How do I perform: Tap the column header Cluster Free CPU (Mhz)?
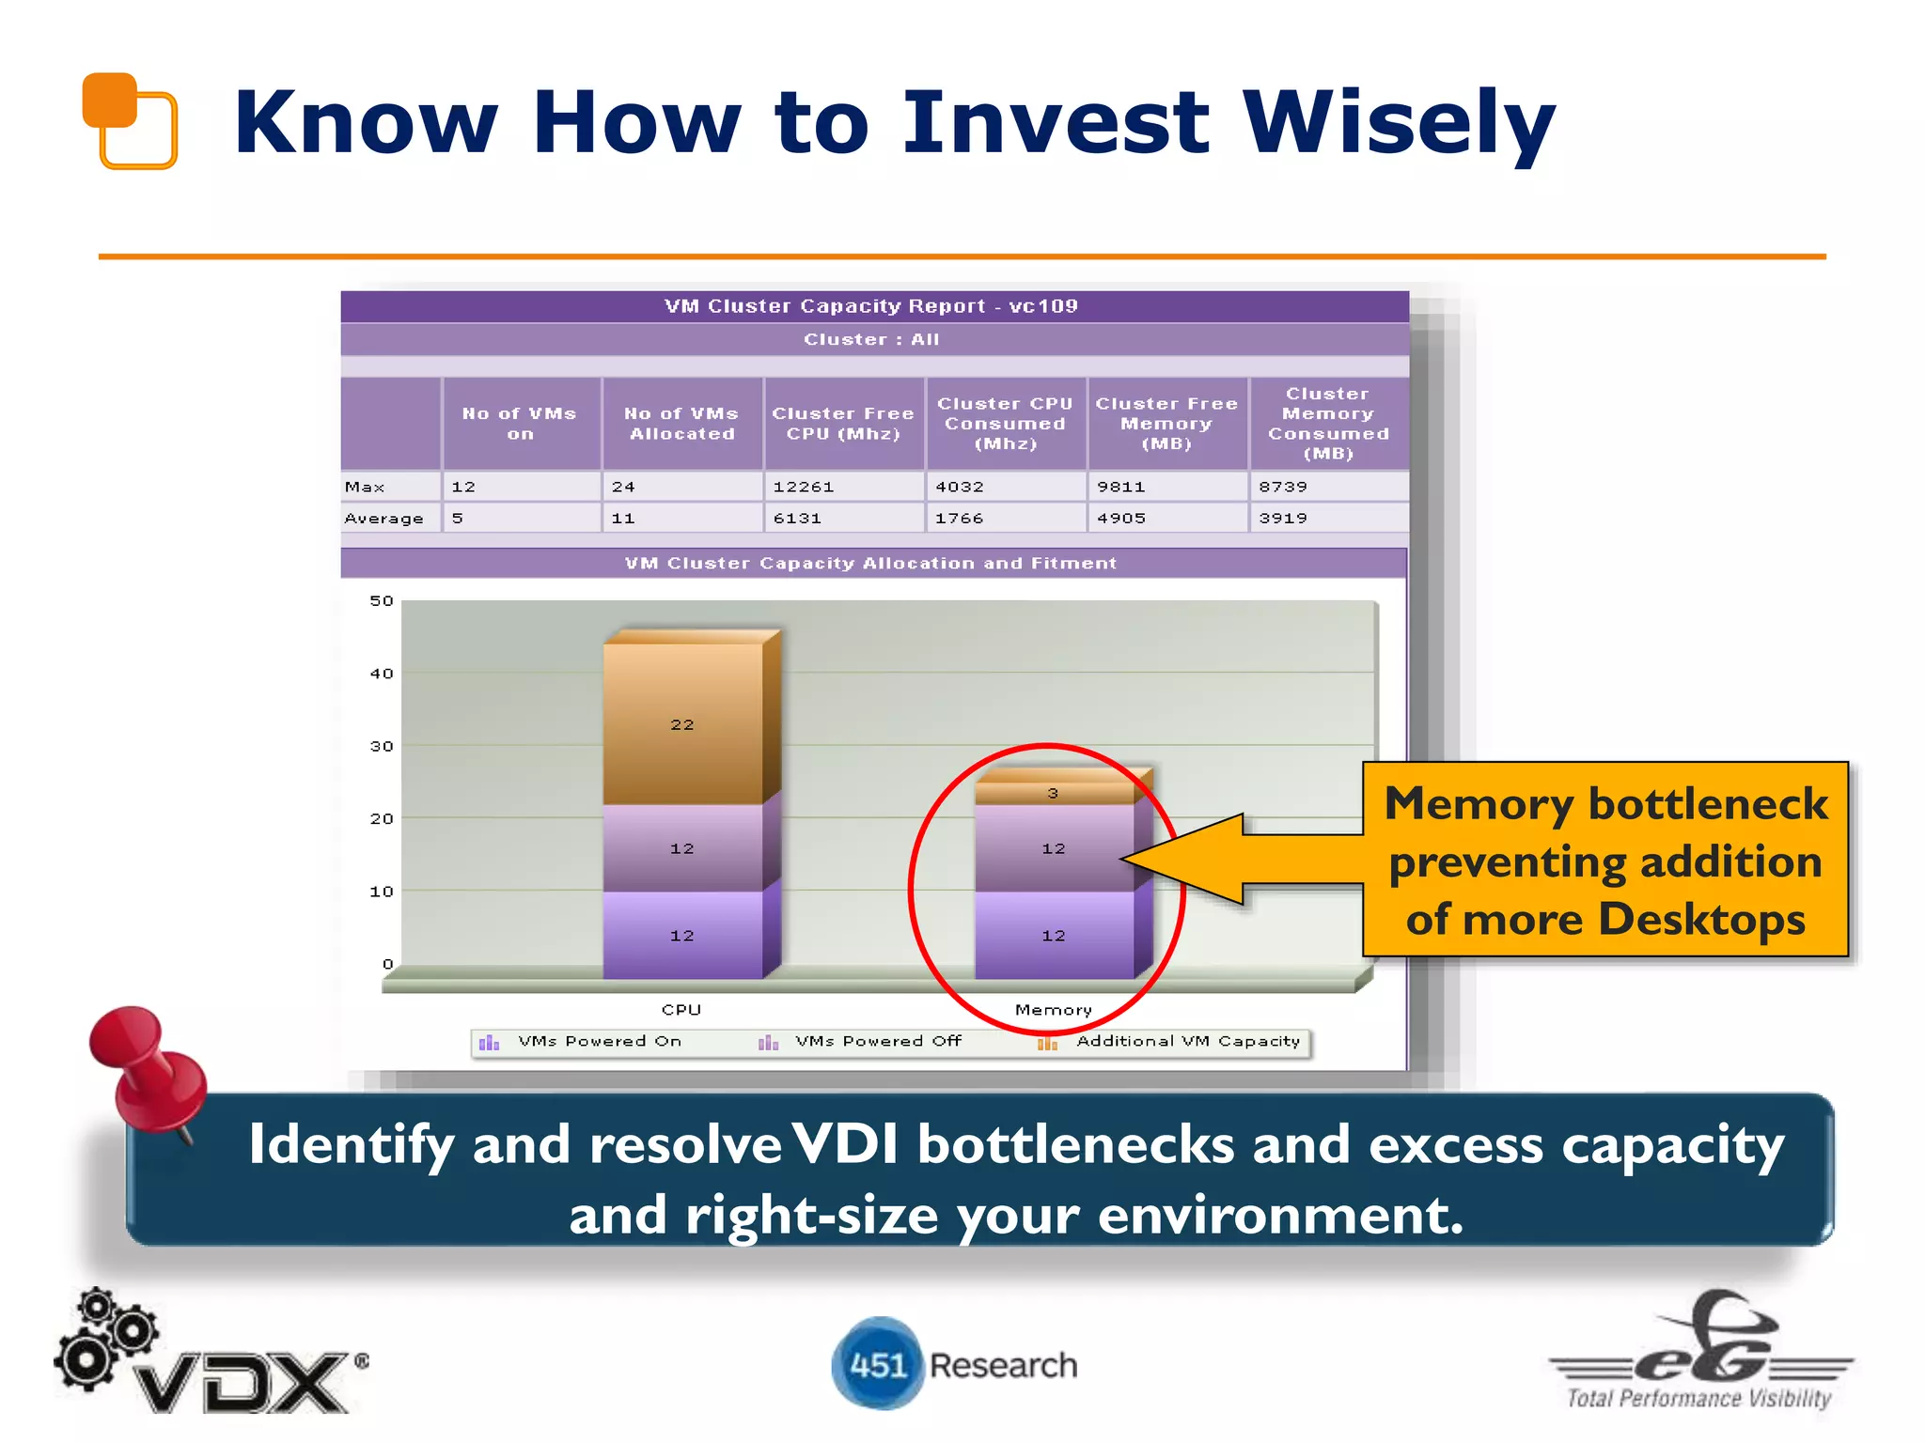click(x=843, y=424)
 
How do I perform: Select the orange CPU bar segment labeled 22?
click(x=683, y=723)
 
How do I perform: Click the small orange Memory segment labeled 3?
click(x=1054, y=793)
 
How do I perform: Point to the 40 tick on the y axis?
click(x=382, y=674)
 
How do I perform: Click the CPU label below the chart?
click(x=681, y=1010)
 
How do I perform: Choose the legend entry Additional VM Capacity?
click(x=1187, y=1041)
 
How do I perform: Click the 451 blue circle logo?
click(x=877, y=1364)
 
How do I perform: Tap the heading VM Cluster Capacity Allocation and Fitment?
click(x=870, y=564)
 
